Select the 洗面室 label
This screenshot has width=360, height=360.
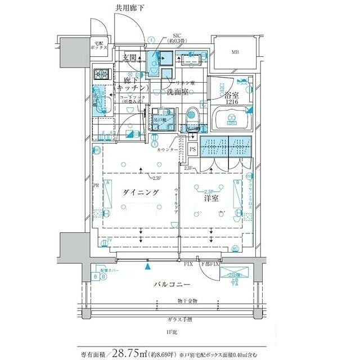point(178,92)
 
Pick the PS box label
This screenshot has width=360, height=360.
point(192,149)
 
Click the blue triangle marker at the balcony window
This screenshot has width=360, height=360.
point(148,267)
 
